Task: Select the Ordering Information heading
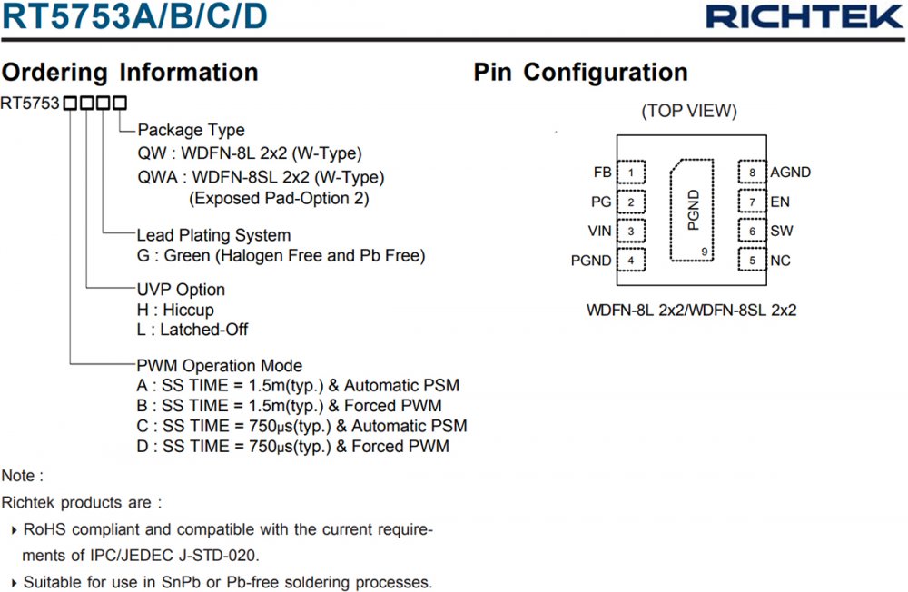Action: pyautogui.click(x=130, y=73)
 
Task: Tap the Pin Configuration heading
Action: pyautogui.click(x=580, y=73)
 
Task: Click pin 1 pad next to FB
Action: pyautogui.click(x=630, y=173)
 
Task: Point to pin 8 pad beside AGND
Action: pyautogui.click(x=752, y=173)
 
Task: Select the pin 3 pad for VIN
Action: pyautogui.click(x=630, y=232)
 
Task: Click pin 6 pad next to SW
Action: pyautogui.click(x=752, y=232)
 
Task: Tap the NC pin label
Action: pyautogui.click(x=780, y=261)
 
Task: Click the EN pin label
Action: pyautogui.click(x=780, y=202)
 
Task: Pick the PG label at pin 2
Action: pyautogui.click(x=600, y=202)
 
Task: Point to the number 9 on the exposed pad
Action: pyautogui.click(x=705, y=252)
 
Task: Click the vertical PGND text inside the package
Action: pyautogui.click(x=694, y=211)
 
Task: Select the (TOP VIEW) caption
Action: pyautogui.click(x=689, y=112)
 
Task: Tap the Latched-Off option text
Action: pyautogui.click(x=203, y=330)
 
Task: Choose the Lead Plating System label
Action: pyautogui.click(x=213, y=236)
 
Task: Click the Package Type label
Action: pyautogui.click(x=191, y=131)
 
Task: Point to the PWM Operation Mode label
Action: pyautogui.click(x=219, y=366)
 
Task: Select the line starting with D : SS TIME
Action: pyautogui.click(x=291, y=446)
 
